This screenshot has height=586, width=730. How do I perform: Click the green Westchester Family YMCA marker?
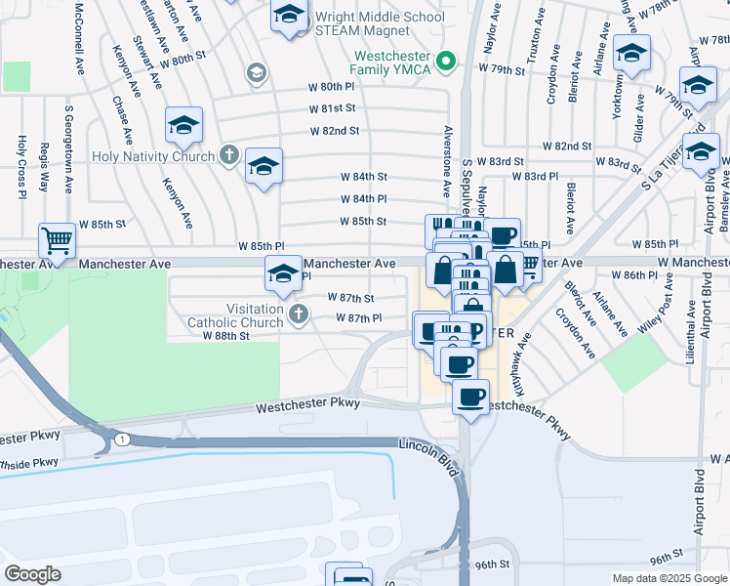[x=447, y=62]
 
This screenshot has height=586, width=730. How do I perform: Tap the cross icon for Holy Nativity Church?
[x=228, y=155]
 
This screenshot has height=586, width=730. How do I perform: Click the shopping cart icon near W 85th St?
[x=58, y=238]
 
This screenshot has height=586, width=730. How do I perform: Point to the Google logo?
[x=32, y=574]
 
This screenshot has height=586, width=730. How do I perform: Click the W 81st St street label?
[x=334, y=108]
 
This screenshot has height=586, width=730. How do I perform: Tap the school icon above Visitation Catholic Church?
[x=283, y=272]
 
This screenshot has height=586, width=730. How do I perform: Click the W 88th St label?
[x=226, y=335]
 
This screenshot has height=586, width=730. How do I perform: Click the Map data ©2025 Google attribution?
[x=669, y=578]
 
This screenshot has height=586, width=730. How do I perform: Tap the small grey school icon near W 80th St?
[x=257, y=71]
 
